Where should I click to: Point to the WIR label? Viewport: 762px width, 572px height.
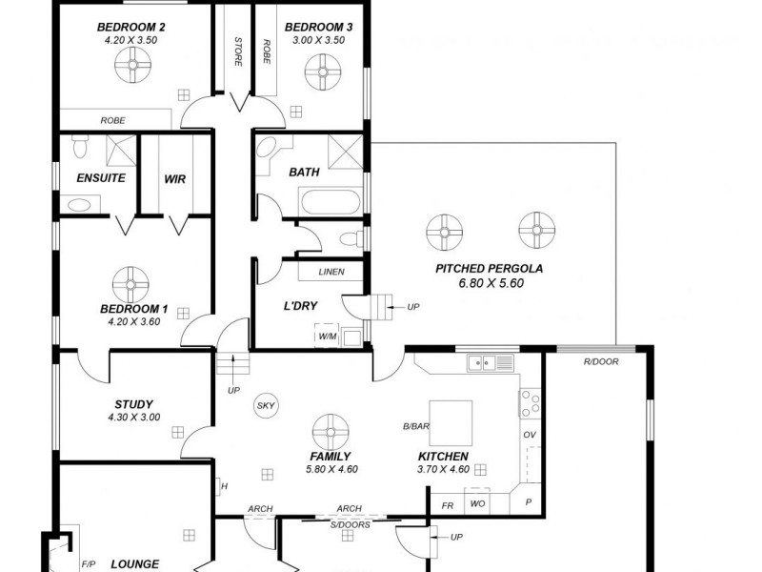point(174,178)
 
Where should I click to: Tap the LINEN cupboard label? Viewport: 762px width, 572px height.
point(331,272)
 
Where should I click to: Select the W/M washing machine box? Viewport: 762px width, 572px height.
point(328,337)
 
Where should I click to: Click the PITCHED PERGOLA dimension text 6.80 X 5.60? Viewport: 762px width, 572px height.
point(489,284)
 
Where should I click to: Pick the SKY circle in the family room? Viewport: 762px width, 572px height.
point(266,406)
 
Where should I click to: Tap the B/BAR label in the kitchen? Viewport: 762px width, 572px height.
point(414,426)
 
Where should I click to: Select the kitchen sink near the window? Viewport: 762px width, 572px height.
point(490,362)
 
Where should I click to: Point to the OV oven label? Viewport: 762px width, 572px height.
point(530,436)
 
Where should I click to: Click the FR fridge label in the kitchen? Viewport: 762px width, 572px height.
point(447,503)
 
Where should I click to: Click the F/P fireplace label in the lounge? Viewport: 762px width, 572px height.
point(89,564)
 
